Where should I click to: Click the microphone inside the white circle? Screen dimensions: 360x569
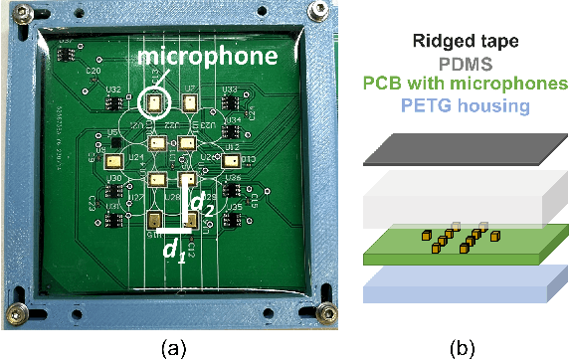point(155,101)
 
